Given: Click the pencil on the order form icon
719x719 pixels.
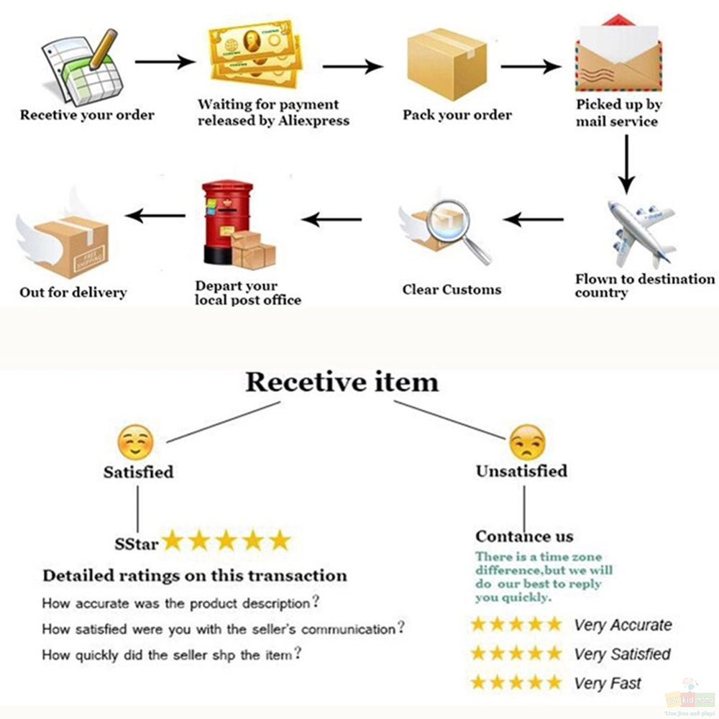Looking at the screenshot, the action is coord(104,49).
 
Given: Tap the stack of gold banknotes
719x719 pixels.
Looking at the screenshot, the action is coord(255,54).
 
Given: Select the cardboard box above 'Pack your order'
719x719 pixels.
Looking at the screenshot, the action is coord(446,64).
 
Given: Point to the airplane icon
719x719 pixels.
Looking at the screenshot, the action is coord(641,234).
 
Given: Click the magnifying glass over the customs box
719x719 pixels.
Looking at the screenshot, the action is coord(457,230).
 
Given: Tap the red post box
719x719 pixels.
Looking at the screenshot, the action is coord(227,222).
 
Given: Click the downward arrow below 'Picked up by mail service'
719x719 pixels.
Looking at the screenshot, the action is coord(626,164).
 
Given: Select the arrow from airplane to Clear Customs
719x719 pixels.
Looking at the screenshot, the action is coord(533,219).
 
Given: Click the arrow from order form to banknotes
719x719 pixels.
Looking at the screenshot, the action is coord(165,61).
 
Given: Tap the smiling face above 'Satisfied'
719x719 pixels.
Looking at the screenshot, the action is coord(135,442).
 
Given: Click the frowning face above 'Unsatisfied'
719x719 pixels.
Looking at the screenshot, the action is coord(527,442).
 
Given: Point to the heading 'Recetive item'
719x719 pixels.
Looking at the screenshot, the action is coord(342,383).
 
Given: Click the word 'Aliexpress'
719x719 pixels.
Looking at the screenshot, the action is coord(313,121).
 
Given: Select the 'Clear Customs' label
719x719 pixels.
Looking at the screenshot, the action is coord(452,290).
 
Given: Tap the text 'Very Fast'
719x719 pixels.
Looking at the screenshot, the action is coord(608,684).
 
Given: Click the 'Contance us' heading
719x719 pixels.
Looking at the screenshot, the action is coord(524,536).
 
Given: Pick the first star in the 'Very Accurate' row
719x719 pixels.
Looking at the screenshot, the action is coord(478,624).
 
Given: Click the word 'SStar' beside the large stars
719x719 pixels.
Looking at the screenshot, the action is coord(136,544).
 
